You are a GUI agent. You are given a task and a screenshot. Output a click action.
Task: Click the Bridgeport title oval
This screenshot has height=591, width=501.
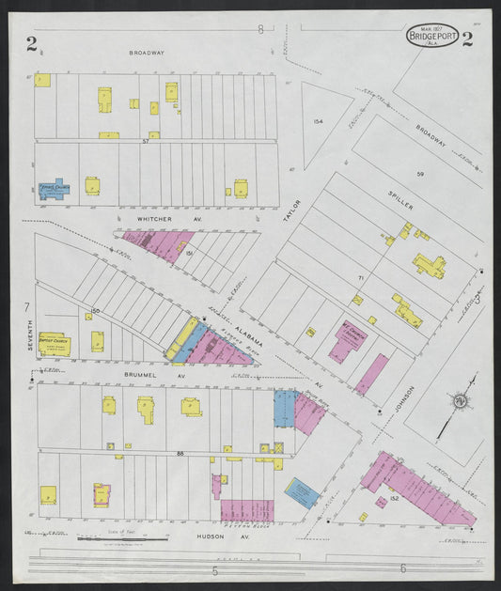[432, 36]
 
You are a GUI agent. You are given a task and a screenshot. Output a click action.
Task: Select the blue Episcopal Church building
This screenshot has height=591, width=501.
[55, 188]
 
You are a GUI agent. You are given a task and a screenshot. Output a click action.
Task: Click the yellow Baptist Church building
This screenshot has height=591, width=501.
[54, 343]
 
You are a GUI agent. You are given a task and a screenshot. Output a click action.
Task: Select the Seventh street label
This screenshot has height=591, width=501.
[31, 334]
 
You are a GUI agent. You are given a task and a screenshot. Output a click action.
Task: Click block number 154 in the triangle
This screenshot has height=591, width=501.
[318, 121]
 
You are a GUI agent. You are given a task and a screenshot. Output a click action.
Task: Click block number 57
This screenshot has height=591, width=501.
[146, 141]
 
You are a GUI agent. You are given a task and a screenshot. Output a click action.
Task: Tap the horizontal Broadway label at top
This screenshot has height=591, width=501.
[147, 53]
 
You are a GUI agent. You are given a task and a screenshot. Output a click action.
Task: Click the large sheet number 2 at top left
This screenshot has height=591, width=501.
[32, 41]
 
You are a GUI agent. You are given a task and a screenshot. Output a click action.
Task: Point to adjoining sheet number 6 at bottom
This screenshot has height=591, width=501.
[402, 568]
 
